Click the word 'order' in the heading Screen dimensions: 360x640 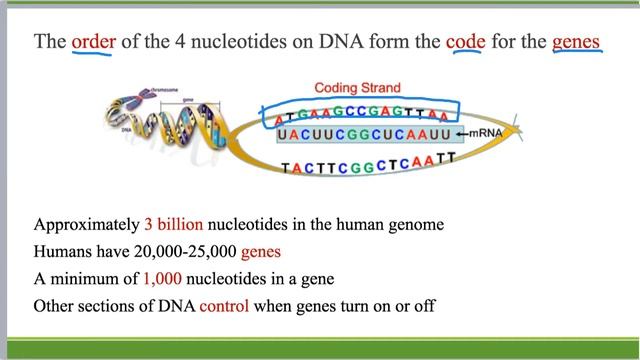click(x=94, y=43)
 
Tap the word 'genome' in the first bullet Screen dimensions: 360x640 click(x=414, y=224)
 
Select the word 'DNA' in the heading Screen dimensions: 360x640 click(x=318, y=43)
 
